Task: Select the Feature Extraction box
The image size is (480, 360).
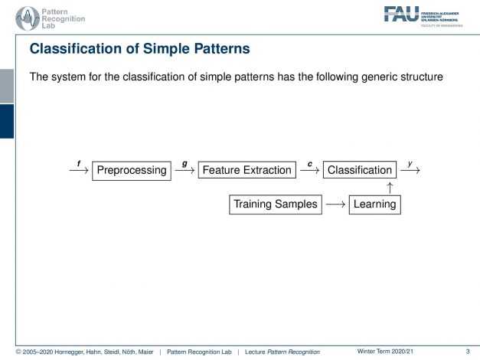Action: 246,170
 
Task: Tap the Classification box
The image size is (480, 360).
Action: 359,170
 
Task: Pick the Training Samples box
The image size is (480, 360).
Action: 275,205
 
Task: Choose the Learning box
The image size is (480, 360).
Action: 374,205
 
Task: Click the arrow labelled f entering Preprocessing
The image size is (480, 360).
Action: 78,171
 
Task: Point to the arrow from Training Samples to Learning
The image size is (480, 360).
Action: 335,205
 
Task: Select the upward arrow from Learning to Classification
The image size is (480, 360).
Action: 390,188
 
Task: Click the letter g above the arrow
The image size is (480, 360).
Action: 184,162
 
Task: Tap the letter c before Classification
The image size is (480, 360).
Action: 309,162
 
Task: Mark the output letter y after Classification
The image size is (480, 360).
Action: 410,162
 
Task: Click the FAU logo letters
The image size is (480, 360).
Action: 401,13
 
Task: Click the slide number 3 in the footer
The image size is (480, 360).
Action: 467,350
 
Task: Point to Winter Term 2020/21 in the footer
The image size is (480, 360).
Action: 388,350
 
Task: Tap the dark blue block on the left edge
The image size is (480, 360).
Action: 6,121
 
